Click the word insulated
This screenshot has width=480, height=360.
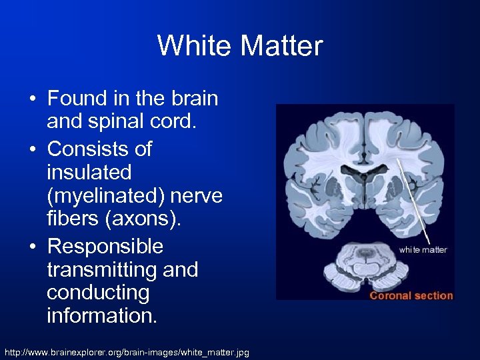pyautogui.click(x=89, y=173)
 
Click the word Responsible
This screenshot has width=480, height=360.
pyautogui.click(x=105, y=247)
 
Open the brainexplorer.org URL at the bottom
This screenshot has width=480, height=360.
pyautogui.click(x=127, y=351)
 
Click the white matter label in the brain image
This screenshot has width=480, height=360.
pyautogui.click(x=423, y=250)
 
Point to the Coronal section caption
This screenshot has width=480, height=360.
pyautogui.click(x=411, y=295)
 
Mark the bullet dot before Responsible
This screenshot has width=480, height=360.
pyautogui.click(x=33, y=247)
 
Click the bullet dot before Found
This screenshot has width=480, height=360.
pyautogui.click(x=33, y=99)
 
